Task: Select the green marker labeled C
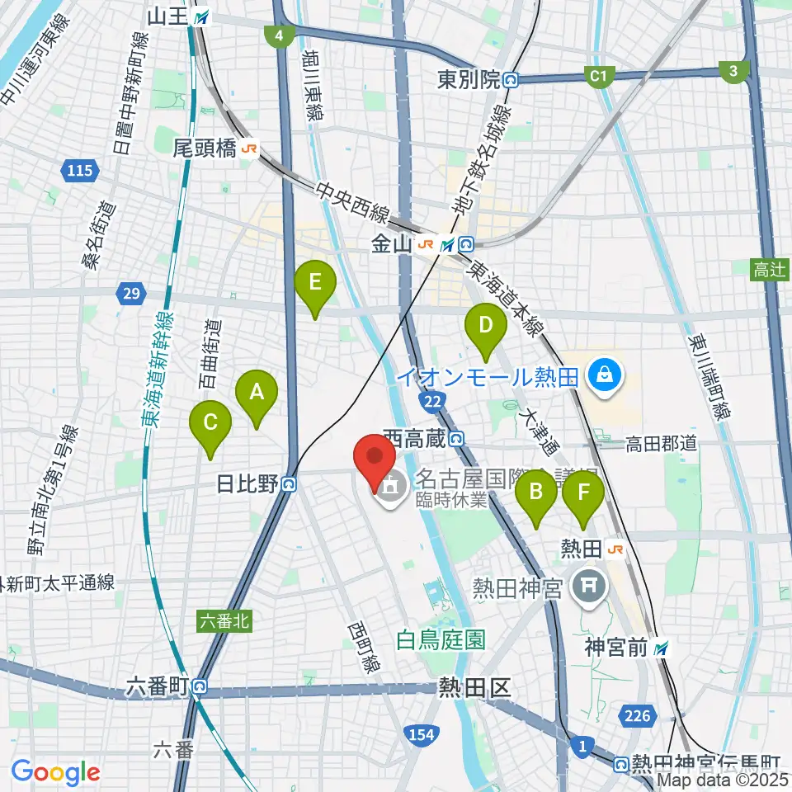(x=210, y=427)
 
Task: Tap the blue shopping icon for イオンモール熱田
(x=605, y=376)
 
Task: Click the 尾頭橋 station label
(x=204, y=148)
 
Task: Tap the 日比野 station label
(x=246, y=484)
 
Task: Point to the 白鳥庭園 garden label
(x=440, y=638)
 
